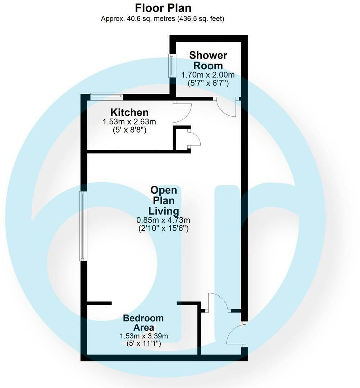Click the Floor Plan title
(x=163, y=8)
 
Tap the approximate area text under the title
(x=163, y=19)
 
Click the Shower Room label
(x=208, y=60)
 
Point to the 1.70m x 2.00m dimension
(x=208, y=75)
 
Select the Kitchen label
(x=129, y=112)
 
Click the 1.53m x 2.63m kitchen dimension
(x=129, y=122)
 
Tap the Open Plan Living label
(x=164, y=200)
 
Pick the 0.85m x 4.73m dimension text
(x=163, y=220)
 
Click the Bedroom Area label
(x=143, y=323)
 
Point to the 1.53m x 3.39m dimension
(x=144, y=336)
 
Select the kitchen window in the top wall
(x=106, y=96)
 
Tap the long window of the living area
(x=83, y=226)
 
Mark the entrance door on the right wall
(x=236, y=334)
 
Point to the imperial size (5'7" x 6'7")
(x=208, y=83)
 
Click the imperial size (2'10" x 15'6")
(x=163, y=228)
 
